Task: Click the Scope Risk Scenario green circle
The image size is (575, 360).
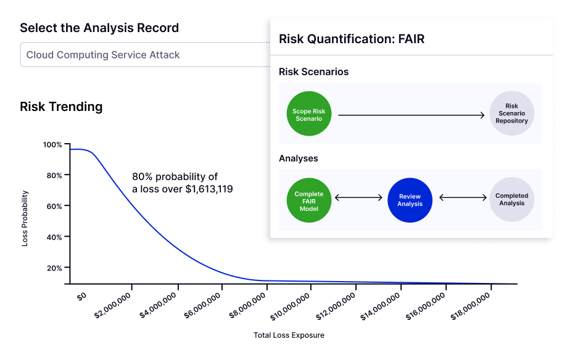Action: [308, 115]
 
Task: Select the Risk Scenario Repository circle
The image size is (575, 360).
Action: [511, 114]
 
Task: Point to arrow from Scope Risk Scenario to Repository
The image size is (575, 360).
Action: [411, 115]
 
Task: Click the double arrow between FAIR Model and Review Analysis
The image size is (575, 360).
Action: [358, 198]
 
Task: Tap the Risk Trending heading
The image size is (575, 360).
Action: [61, 107]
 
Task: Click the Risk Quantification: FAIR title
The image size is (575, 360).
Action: [351, 39]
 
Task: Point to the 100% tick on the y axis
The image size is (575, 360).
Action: [52, 145]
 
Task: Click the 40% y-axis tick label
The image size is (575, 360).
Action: [54, 237]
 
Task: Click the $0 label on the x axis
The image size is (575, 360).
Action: [81, 296]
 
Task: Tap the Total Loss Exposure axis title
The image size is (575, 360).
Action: [288, 335]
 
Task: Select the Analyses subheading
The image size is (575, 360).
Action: [299, 158]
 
